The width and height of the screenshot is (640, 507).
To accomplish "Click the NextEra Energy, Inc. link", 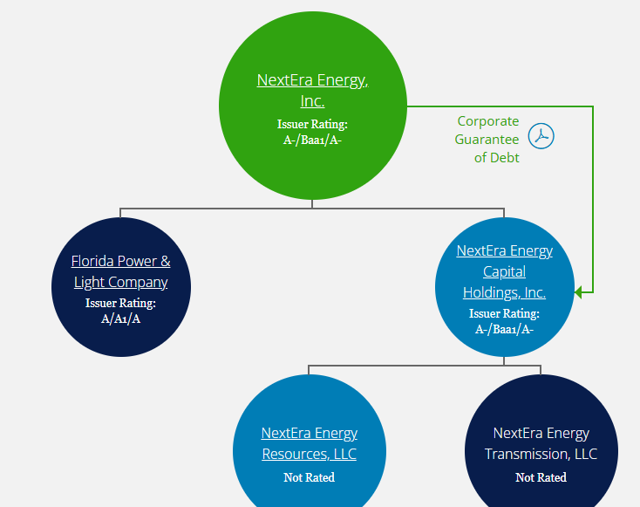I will pyautogui.click(x=312, y=90).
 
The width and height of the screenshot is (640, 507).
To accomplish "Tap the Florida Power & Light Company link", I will pyautogui.click(x=120, y=271).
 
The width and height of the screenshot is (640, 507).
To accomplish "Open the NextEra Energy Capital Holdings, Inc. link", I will pyautogui.click(x=504, y=271).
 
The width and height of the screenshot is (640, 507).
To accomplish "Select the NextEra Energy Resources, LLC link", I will pyautogui.click(x=309, y=443).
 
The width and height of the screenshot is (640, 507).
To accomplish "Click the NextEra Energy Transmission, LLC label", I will pyautogui.click(x=541, y=443).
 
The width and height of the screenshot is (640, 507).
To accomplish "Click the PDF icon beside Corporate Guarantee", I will pyautogui.click(x=541, y=136).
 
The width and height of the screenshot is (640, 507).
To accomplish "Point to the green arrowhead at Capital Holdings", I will pyautogui.click(x=579, y=293).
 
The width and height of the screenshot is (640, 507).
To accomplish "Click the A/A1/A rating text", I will pyautogui.click(x=120, y=319).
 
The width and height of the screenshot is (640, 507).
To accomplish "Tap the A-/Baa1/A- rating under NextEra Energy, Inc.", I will pyautogui.click(x=312, y=139).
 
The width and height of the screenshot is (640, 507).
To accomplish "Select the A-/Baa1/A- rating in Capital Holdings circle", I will pyautogui.click(x=504, y=329).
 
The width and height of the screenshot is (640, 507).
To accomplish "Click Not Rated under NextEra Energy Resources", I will pyautogui.click(x=309, y=477).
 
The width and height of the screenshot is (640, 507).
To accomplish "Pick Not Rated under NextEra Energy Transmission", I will pyautogui.click(x=541, y=477).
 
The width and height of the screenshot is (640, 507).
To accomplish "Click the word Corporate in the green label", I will pyautogui.click(x=487, y=121).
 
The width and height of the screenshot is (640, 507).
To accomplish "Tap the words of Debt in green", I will pyautogui.click(x=496, y=158).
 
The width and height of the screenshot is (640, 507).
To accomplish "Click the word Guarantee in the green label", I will pyautogui.click(x=487, y=140).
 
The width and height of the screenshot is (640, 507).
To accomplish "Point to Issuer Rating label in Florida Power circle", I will pyautogui.click(x=120, y=304).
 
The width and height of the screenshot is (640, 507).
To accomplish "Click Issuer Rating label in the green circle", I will pyautogui.click(x=312, y=124).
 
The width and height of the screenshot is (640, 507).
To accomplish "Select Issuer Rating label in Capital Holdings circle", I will pyautogui.click(x=504, y=313).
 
